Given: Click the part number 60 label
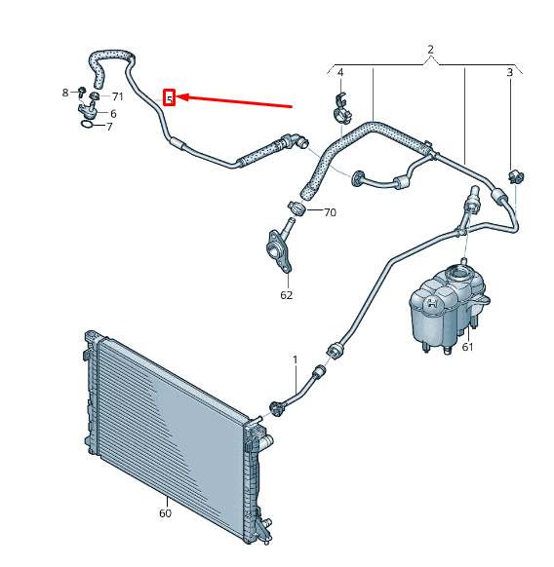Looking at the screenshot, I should (164, 513).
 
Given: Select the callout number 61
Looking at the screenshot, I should (467, 348).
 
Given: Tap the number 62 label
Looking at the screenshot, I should (287, 295).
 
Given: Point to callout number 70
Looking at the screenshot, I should (329, 212).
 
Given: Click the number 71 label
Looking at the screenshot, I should (117, 96).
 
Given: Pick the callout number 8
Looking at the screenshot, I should (66, 93).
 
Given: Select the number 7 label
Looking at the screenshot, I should (109, 127).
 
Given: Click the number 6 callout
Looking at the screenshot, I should (113, 114).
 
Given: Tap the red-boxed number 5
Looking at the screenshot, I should (169, 97).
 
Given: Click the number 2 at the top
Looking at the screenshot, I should (430, 49).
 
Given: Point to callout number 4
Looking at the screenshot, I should (340, 73).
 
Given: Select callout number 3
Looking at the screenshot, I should (509, 73).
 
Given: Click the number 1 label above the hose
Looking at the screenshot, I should (295, 360).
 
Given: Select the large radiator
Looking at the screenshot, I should (171, 429).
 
